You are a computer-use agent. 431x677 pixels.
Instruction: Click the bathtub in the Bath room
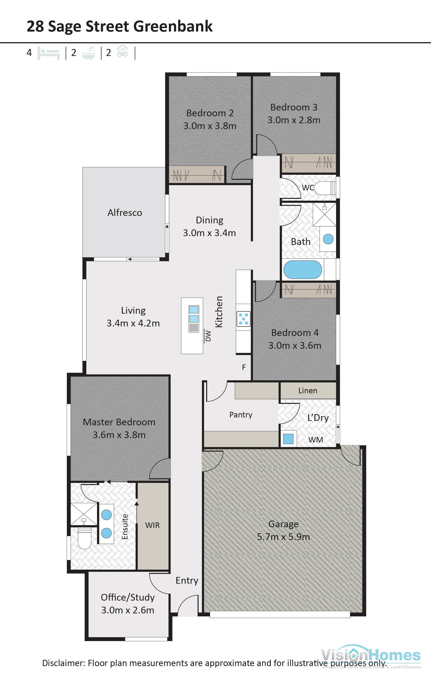click(x=302, y=270)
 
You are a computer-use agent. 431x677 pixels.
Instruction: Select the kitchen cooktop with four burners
click(x=243, y=319)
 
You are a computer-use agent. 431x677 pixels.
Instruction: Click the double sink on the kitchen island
click(x=194, y=314)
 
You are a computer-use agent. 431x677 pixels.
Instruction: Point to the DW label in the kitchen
click(x=208, y=336)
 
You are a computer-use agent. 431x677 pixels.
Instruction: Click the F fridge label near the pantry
click(x=244, y=367)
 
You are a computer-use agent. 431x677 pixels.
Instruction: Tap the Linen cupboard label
click(x=308, y=391)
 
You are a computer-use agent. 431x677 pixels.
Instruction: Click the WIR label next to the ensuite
click(x=152, y=525)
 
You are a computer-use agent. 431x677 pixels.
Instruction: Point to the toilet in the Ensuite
click(x=84, y=538)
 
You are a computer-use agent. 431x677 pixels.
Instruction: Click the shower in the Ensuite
click(x=84, y=514)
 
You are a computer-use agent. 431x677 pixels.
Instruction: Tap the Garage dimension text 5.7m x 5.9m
click(x=283, y=537)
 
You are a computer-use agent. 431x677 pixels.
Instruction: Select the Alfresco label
click(x=125, y=212)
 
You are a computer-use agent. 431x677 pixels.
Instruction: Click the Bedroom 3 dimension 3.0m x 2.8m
click(x=294, y=120)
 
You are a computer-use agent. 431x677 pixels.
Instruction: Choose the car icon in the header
click(x=122, y=52)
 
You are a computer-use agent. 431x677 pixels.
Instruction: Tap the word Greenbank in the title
click(x=173, y=26)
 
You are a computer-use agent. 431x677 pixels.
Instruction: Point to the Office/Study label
click(x=128, y=597)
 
